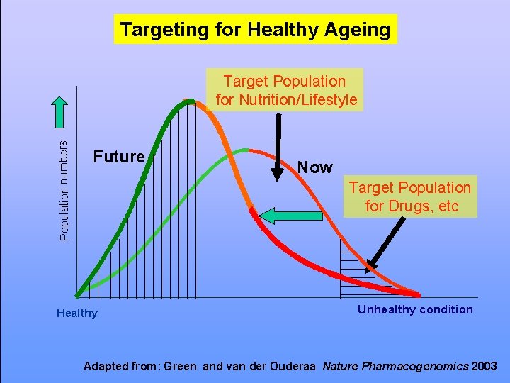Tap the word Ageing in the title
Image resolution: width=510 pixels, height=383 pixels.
coord(358,30)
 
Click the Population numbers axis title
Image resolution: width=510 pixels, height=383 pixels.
coord(64,189)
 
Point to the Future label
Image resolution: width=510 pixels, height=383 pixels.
coord(119,157)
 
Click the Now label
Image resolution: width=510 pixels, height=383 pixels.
coord(314,167)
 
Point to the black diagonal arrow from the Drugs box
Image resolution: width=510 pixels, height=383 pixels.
coord(386,245)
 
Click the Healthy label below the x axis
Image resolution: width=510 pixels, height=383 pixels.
coord(77,313)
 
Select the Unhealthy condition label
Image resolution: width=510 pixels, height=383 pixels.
coord(415,309)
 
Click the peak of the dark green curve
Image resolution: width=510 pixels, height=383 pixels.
coord(188,102)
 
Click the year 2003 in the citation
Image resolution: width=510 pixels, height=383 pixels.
coord(484,367)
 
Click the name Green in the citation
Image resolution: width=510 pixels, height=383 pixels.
coord(181,367)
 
